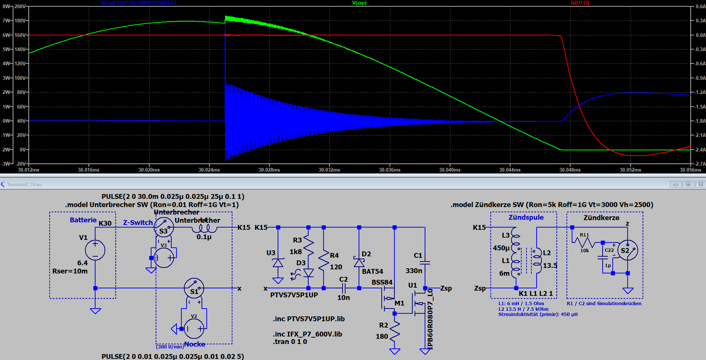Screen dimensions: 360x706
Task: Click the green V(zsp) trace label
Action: [359, 3]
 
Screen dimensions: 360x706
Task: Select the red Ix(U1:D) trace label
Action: [580, 3]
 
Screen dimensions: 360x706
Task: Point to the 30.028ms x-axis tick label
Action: [269, 170]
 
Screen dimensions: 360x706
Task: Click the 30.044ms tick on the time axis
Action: [510, 170]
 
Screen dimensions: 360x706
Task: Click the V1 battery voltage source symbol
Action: [95, 250]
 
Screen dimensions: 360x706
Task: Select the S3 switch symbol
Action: [164, 228]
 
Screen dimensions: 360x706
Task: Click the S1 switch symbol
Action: [194, 288]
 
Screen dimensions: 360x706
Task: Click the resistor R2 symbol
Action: [394, 331]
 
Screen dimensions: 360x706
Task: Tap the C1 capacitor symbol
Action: [425, 263]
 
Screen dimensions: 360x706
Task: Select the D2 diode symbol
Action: [359, 262]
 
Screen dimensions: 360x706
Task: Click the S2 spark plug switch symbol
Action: [628, 250]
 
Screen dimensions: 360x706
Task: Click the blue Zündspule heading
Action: [526, 217]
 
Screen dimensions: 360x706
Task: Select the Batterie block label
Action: [83, 220]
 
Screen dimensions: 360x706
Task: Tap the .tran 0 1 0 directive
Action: [290, 342]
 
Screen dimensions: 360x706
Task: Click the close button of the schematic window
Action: [700, 184]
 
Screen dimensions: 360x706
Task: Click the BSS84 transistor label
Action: [382, 282]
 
